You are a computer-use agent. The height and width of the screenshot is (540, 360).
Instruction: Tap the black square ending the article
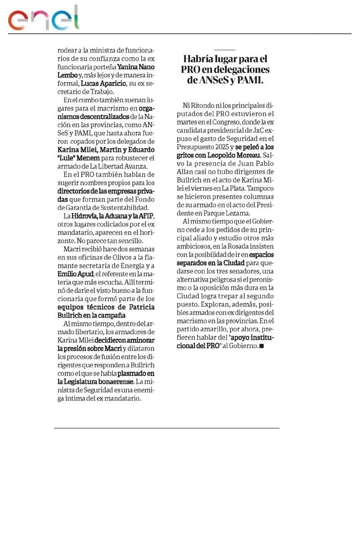[x=262, y=346]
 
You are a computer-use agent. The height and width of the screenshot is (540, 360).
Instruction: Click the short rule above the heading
[x=225, y=49]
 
